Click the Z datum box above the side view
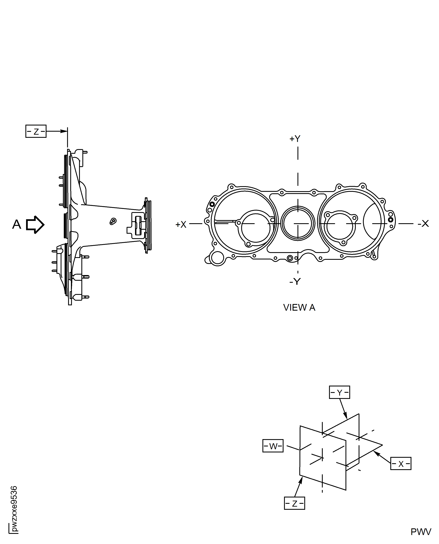[x=36, y=131]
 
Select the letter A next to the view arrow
[x=17, y=224]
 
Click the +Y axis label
[x=295, y=139]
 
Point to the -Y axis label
[x=295, y=281]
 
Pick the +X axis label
[x=181, y=224]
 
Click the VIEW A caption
[x=299, y=307]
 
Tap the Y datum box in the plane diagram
[x=339, y=392]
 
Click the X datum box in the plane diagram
[x=401, y=464]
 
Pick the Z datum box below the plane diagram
[x=294, y=503]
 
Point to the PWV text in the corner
[x=421, y=532]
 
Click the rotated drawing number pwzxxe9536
[x=14, y=509]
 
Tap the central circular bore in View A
[x=298, y=223]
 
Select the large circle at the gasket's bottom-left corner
[x=217, y=258]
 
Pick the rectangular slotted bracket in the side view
[x=138, y=225]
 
